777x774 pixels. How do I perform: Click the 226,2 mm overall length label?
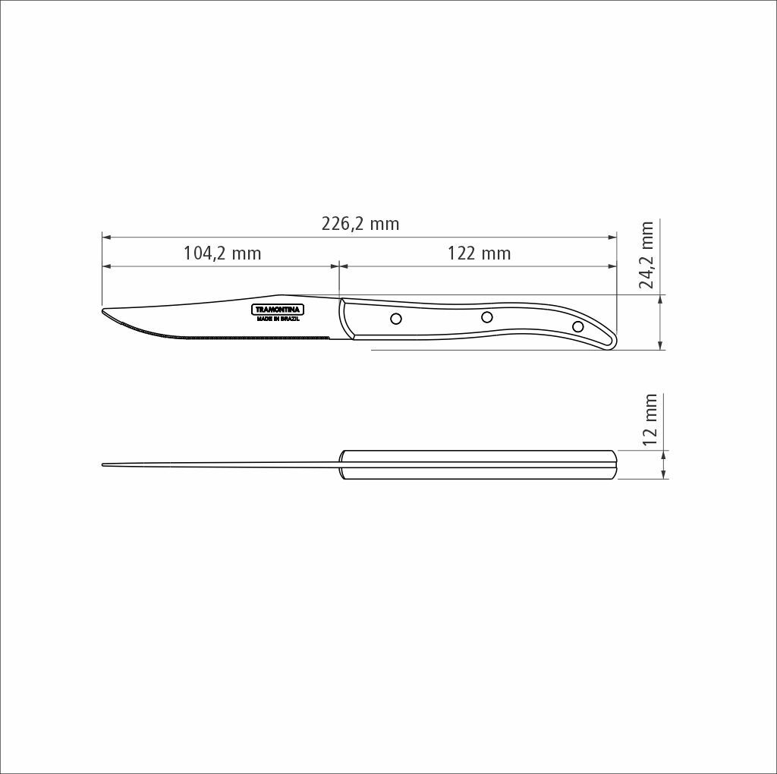tap(360, 224)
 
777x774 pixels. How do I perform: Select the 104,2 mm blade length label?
tap(222, 253)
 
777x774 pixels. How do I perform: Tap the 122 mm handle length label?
tap(480, 253)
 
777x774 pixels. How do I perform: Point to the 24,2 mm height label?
tap(646, 255)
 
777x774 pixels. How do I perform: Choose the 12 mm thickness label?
tap(650, 420)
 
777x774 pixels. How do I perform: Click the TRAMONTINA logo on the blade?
tap(278, 310)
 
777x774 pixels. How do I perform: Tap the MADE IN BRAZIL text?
tap(278, 319)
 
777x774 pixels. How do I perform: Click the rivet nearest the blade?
tap(396, 318)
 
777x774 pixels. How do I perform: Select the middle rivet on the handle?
tap(487, 316)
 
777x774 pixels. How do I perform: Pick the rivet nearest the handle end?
tap(577, 326)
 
